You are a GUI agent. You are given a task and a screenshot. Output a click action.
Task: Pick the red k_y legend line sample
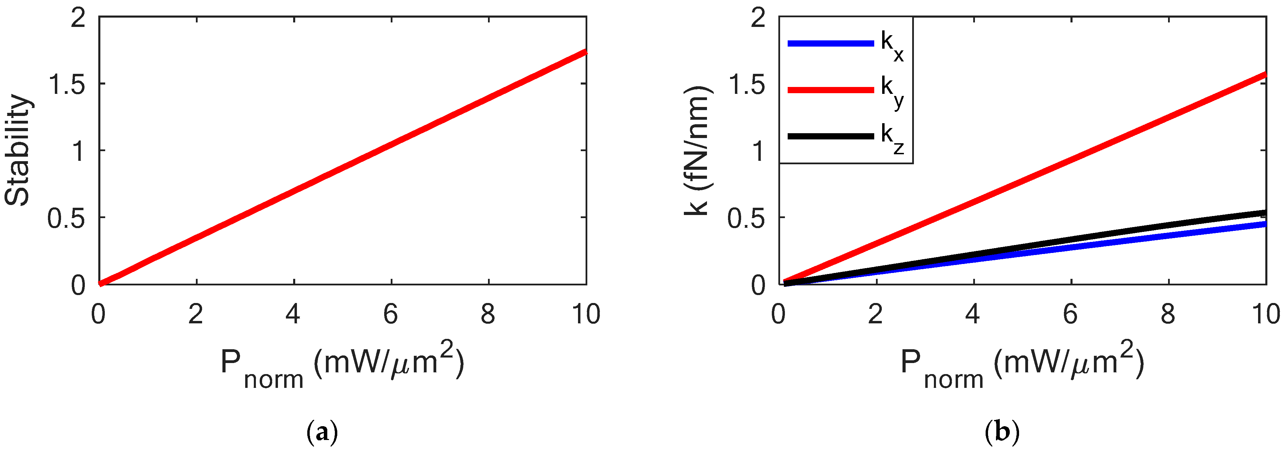(x=831, y=90)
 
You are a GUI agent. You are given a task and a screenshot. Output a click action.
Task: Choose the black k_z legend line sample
(x=831, y=136)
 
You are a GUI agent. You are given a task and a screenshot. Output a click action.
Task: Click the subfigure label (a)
(x=322, y=432)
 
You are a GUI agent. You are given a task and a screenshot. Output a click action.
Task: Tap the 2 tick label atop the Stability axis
(x=79, y=19)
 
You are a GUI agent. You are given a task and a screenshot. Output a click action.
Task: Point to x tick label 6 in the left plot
(x=391, y=314)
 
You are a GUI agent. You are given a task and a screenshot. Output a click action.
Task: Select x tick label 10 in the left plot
(x=586, y=314)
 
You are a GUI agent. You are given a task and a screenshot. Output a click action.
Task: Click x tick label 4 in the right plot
(x=973, y=314)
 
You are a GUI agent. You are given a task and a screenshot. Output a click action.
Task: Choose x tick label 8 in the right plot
(x=1168, y=314)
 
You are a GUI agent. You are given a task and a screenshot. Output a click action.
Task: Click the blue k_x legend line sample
(x=831, y=43)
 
